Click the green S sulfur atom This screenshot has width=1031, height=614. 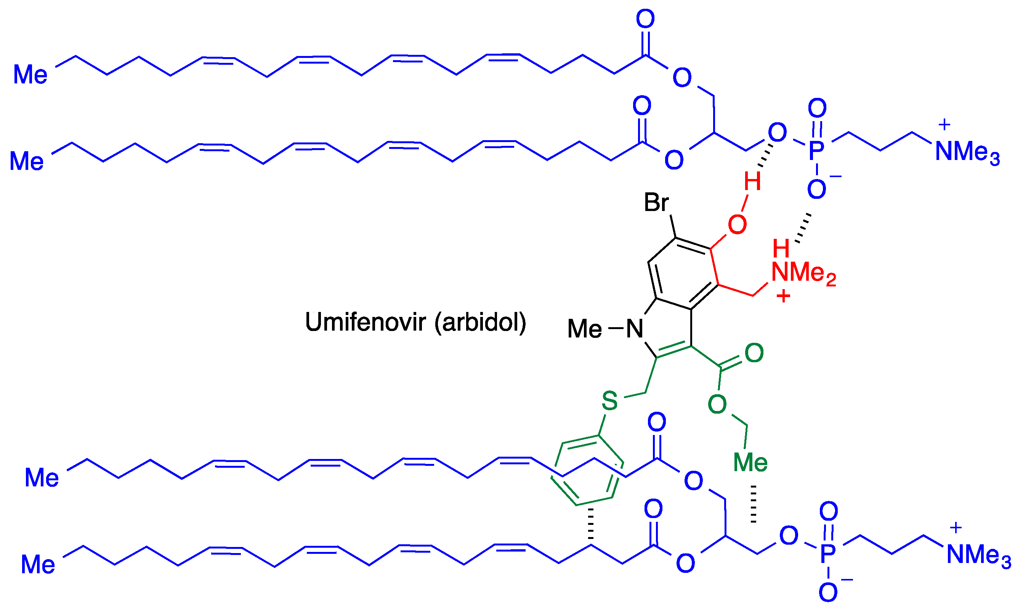(x=610, y=400)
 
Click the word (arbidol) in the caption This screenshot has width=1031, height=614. (x=480, y=322)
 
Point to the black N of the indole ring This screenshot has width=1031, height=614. (x=635, y=329)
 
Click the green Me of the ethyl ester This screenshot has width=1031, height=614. (x=750, y=462)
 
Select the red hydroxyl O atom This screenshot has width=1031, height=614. (x=737, y=225)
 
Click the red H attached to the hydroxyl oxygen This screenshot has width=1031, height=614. (x=752, y=181)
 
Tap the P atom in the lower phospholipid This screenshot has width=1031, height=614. (x=827, y=553)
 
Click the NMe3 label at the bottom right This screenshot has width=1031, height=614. (x=978, y=555)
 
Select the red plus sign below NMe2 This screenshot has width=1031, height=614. (x=783, y=296)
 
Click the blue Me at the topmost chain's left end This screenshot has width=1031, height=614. (x=30, y=75)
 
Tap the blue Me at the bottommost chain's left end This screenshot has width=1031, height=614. (x=38, y=564)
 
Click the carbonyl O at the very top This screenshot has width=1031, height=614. (x=645, y=19)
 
